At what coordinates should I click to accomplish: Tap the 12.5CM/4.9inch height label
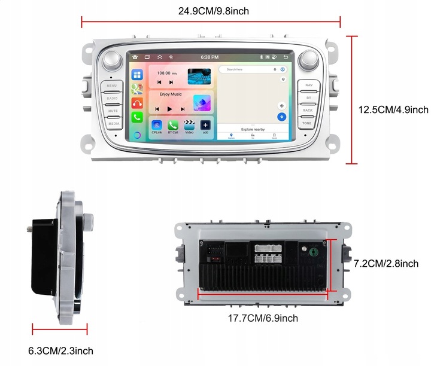(393, 109)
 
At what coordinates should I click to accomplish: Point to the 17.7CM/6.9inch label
(263, 318)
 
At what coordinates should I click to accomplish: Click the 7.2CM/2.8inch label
(386, 263)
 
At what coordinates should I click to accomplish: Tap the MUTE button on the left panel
(113, 111)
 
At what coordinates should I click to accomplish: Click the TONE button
(307, 123)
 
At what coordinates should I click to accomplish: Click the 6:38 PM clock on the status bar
(210, 57)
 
